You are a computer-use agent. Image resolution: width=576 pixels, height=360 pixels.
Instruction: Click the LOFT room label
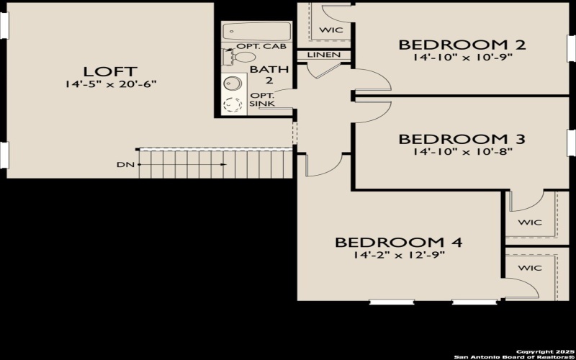click(110, 71)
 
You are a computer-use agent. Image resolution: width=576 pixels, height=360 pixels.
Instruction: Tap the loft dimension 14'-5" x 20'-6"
click(110, 85)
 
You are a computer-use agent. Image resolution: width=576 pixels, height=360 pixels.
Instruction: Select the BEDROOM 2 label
click(462, 45)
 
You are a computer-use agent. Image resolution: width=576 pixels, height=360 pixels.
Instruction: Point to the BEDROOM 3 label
click(462, 139)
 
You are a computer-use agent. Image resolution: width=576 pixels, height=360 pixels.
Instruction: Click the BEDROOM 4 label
click(398, 242)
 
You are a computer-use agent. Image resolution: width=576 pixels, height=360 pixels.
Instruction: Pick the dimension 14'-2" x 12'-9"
click(398, 256)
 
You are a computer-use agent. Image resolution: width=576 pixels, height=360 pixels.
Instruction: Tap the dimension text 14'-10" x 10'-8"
click(462, 152)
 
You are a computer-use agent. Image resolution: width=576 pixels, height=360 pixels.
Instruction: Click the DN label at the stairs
click(125, 165)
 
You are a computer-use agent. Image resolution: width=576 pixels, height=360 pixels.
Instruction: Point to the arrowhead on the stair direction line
click(224, 165)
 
